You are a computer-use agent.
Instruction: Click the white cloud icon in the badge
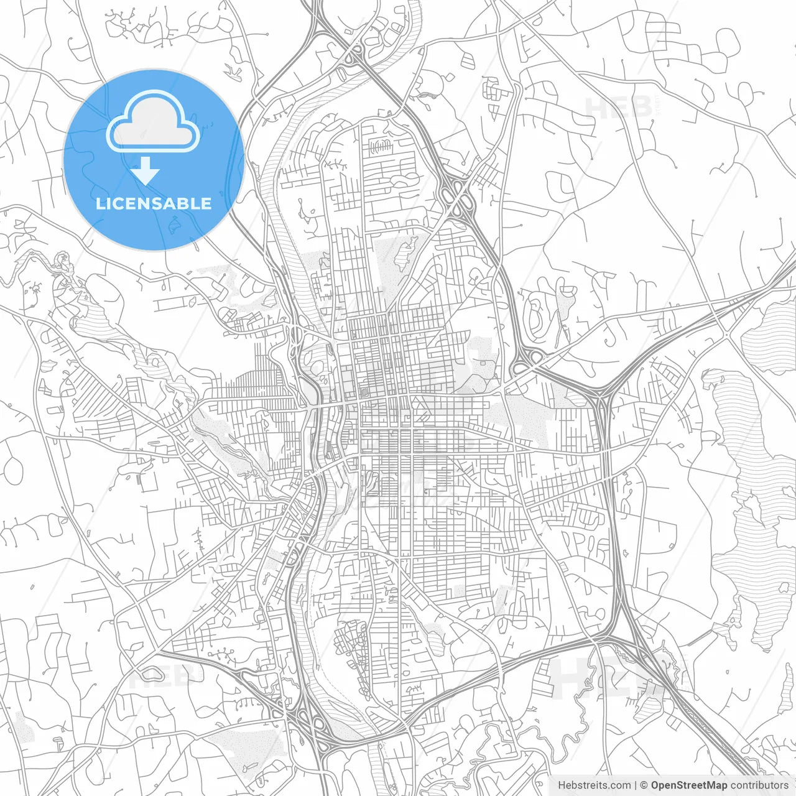(153, 122)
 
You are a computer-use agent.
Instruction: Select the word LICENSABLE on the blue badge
(153, 203)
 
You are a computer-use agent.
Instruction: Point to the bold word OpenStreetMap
(688, 785)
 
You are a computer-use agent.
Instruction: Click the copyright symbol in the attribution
(644, 785)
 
